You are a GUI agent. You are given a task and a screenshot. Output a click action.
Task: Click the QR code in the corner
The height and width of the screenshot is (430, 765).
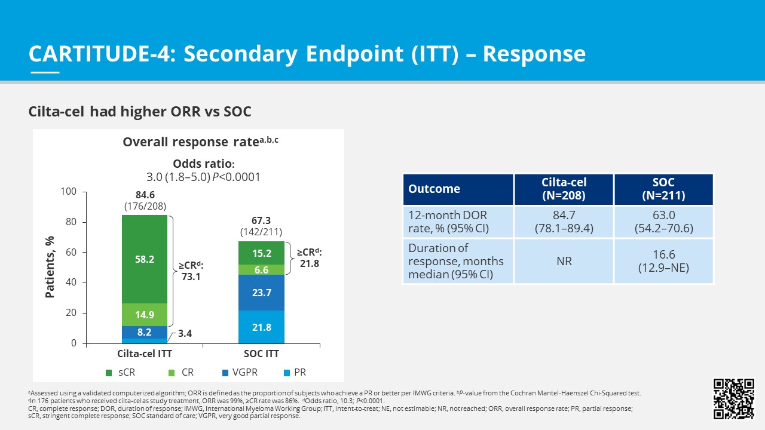[733, 399]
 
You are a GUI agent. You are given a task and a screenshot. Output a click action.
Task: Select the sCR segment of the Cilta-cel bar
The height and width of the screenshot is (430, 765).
[145, 259]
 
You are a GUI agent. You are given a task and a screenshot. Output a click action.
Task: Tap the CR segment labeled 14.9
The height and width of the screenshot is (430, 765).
[145, 315]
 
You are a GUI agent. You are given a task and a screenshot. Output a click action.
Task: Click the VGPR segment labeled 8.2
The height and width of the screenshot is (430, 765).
[145, 332]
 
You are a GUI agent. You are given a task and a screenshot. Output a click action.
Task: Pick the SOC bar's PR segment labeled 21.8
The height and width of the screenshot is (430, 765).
[261, 327]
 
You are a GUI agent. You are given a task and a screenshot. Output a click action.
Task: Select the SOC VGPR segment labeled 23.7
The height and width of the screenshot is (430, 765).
[261, 293]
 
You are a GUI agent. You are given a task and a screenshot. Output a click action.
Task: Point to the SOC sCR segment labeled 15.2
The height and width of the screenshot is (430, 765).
[261, 253]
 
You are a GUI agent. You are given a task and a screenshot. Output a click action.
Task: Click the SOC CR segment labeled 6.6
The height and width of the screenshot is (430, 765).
[261, 270]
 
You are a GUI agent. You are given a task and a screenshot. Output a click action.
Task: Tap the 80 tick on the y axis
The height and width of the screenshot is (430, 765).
[71, 222]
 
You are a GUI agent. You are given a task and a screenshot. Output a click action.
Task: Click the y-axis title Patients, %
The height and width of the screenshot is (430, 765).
[50, 267]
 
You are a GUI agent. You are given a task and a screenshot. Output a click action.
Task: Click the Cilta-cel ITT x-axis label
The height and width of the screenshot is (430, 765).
[145, 354]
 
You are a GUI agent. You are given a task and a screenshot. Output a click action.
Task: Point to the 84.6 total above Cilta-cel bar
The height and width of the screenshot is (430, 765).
[145, 195]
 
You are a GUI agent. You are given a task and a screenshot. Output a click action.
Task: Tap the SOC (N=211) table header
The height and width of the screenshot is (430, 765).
[663, 189]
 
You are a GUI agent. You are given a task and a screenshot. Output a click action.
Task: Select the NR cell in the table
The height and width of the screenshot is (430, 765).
[564, 262]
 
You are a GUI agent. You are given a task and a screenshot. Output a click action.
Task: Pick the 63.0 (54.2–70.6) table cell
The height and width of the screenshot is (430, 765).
[663, 222]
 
